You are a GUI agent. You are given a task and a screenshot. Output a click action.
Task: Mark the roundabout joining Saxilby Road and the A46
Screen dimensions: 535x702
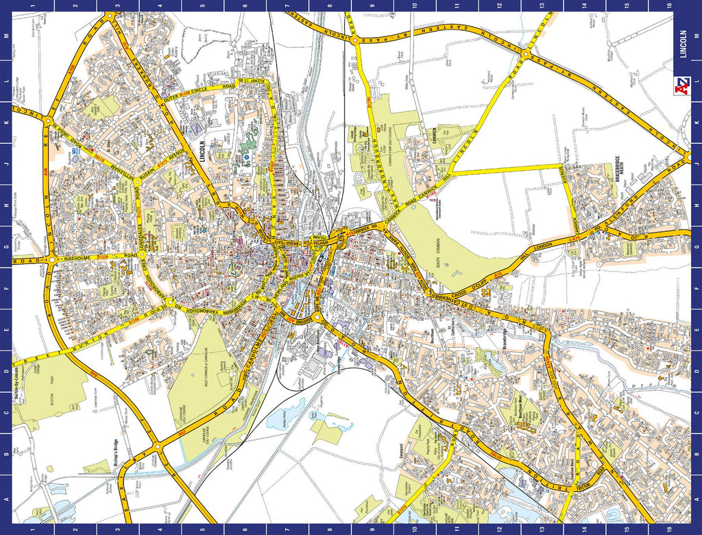[x=157, y=447]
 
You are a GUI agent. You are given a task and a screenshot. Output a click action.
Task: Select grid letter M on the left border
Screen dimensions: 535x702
[x=6, y=34]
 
